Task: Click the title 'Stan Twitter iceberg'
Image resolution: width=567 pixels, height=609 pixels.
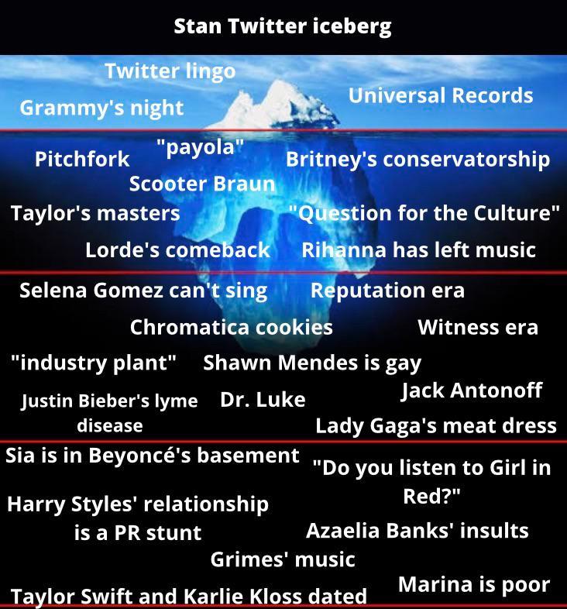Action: tap(283, 26)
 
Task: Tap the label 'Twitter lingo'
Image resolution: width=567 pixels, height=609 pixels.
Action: tap(170, 71)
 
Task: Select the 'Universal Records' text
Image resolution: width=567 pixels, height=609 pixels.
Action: tap(440, 95)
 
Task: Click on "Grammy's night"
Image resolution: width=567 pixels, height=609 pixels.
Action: tap(101, 108)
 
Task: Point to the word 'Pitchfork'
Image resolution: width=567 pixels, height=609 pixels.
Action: tap(82, 160)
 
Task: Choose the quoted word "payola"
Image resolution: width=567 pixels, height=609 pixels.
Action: tap(200, 147)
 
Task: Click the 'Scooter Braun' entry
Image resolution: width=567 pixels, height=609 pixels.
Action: tap(201, 184)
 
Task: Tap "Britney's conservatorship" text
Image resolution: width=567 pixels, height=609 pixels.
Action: tap(418, 160)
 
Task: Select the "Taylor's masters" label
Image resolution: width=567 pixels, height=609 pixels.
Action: tap(95, 212)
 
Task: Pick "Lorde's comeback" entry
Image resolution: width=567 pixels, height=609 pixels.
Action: tap(177, 249)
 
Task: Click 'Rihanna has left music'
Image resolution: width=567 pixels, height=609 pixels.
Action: tap(418, 249)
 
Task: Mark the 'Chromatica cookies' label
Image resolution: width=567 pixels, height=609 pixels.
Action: tap(231, 327)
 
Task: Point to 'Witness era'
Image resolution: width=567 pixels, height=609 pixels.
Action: tap(477, 327)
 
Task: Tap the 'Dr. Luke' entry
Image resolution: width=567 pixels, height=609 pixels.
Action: tap(263, 400)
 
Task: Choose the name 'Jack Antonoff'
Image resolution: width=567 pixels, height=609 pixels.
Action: tap(471, 390)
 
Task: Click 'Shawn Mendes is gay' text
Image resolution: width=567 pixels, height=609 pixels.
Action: tap(312, 362)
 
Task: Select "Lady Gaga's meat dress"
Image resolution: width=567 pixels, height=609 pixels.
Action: tap(435, 425)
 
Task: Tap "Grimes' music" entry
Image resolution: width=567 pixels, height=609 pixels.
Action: tap(283, 559)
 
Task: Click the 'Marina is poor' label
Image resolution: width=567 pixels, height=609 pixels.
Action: tap(473, 584)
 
